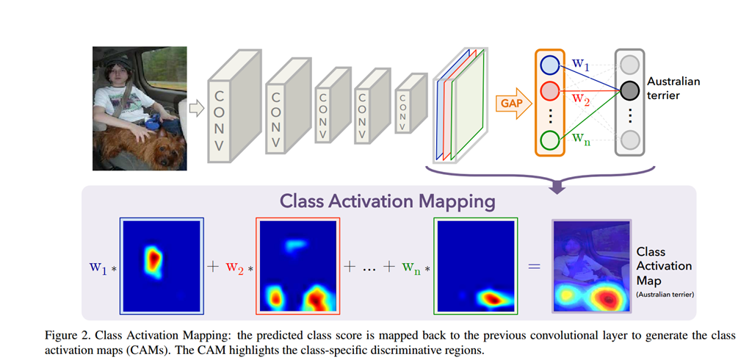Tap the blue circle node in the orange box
coord(549,65)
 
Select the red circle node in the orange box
coord(549,90)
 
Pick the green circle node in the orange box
coord(549,140)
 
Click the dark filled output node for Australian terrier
coord(629,90)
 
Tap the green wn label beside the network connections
coord(582,140)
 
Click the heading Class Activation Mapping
coord(388,201)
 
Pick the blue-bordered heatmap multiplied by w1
coord(162,267)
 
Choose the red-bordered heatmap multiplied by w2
coord(298,267)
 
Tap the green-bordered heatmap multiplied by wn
coord(476,267)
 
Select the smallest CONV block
coord(411,103)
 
